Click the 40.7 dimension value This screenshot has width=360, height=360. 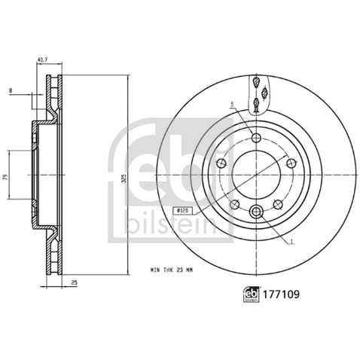click(42, 59)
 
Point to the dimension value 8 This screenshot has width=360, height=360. click(11, 91)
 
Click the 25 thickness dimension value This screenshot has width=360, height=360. click(75, 282)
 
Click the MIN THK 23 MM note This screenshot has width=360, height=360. click(172, 270)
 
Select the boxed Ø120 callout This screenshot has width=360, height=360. click(183, 211)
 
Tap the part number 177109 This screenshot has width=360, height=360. click(281, 294)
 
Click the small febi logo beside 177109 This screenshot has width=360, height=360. click(251, 294)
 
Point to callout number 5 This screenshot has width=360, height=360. click(232, 103)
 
